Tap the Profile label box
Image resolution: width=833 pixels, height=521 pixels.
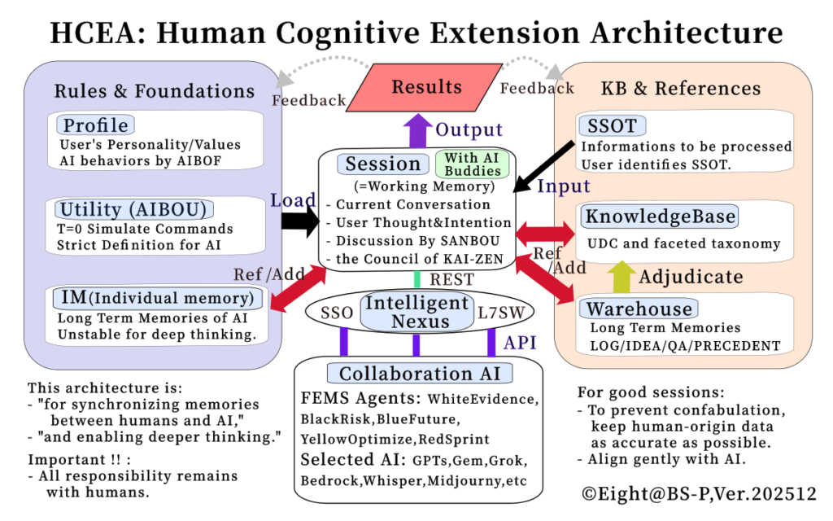point(96,125)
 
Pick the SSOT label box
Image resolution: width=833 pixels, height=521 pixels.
point(612,125)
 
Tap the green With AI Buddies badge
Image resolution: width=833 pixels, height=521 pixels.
point(472,164)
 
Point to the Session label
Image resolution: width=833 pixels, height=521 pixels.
point(382,164)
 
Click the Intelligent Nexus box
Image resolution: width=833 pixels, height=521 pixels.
point(416,312)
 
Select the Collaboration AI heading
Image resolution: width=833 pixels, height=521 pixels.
point(420,374)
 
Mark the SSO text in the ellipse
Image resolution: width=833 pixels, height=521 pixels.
point(337,313)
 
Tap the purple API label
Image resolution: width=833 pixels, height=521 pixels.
point(521,343)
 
